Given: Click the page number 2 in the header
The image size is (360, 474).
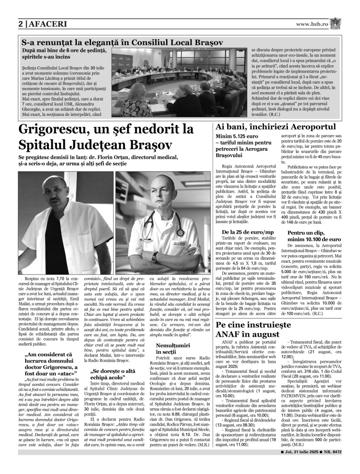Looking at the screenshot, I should click(21, 24).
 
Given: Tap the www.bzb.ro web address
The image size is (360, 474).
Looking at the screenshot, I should click(312, 24).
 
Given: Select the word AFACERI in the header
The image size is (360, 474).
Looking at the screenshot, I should click(47, 24).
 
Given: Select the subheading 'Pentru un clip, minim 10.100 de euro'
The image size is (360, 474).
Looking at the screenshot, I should click(314, 236).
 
